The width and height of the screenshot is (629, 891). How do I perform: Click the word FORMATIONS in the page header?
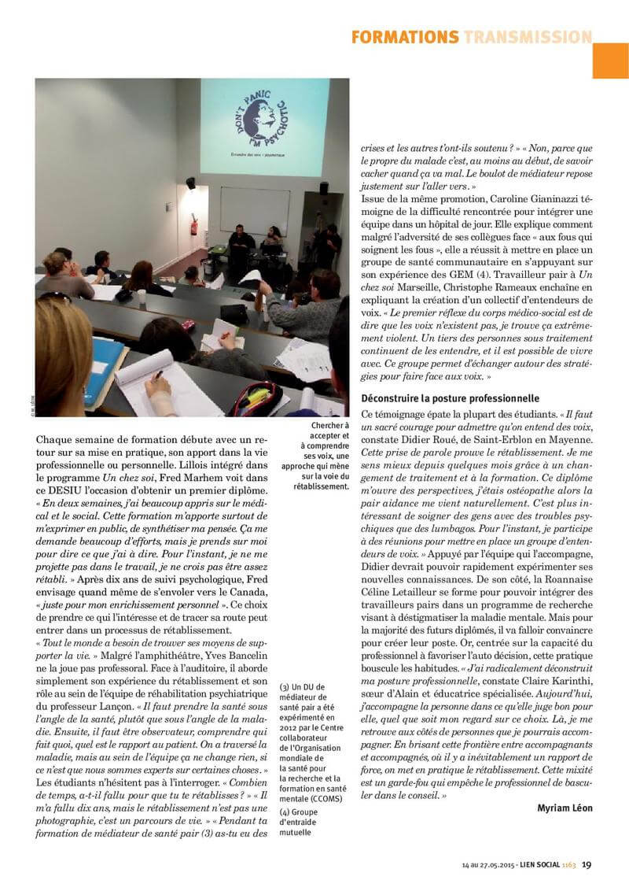coord(404,37)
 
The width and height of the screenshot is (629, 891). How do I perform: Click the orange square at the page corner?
coord(610,61)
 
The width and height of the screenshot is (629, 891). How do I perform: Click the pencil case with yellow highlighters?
coord(253,397)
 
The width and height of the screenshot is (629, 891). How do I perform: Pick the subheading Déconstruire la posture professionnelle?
coord(450,398)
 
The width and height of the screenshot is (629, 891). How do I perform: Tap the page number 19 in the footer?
coord(587,864)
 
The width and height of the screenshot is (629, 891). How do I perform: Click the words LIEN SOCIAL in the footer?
coord(539,865)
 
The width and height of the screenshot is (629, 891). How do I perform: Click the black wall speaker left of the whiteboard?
coord(190,183)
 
